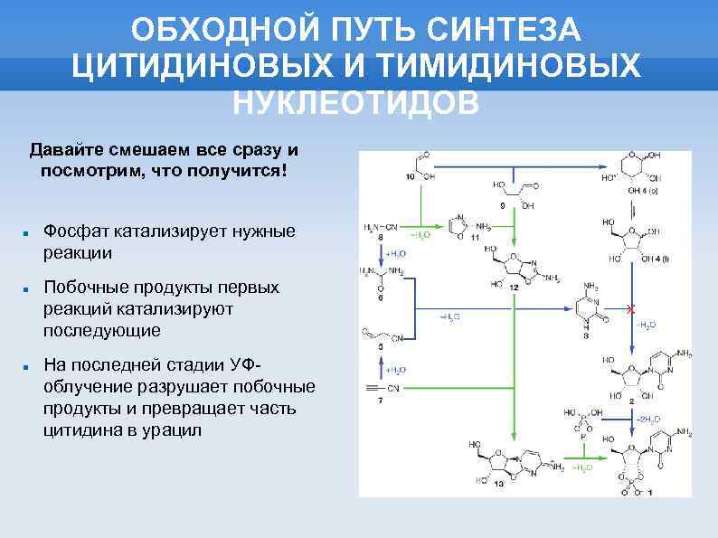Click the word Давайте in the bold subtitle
click(x=66, y=149)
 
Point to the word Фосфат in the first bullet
click(x=80, y=231)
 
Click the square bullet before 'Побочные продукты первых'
click(x=27, y=288)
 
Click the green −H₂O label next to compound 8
click(x=420, y=233)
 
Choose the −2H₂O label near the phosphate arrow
click(x=648, y=419)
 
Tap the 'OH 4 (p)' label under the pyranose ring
click(x=642, y=192)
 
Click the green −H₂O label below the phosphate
click(x=581, y=467)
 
